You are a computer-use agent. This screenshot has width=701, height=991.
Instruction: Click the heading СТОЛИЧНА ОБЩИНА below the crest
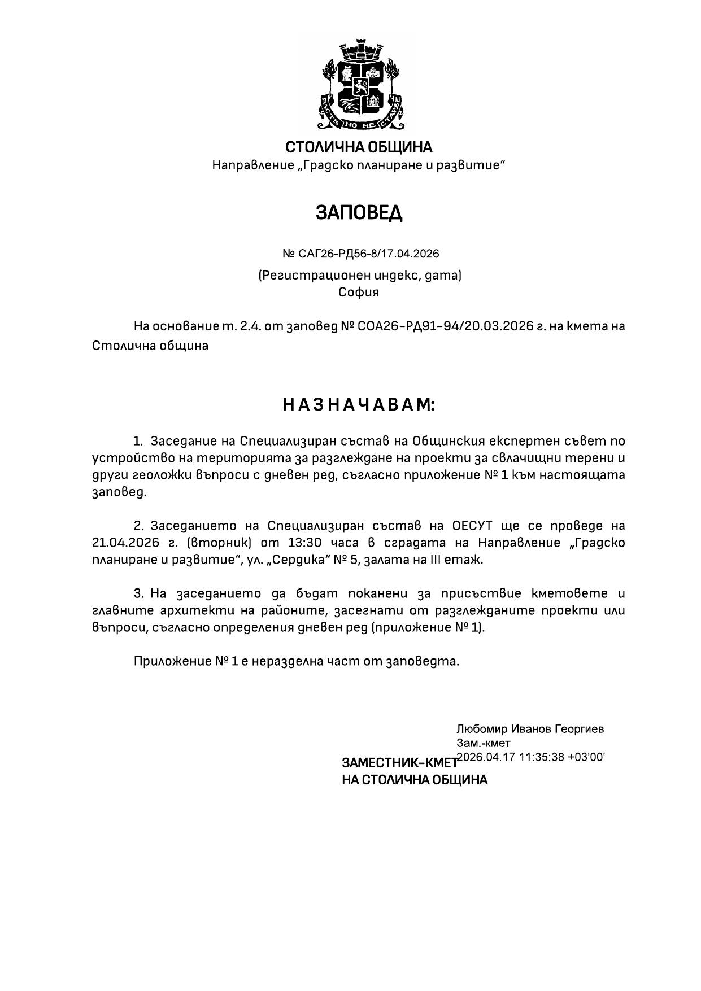[359, 148]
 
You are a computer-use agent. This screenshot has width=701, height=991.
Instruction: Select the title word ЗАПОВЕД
[359, 213]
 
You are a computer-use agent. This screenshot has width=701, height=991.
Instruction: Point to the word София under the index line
[359, 293]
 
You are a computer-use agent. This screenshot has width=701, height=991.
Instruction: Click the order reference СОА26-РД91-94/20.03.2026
[446, 326]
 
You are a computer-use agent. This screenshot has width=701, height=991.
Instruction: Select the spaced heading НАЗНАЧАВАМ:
[359, 405]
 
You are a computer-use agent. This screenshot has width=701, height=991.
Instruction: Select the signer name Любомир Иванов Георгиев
[530, 729]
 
